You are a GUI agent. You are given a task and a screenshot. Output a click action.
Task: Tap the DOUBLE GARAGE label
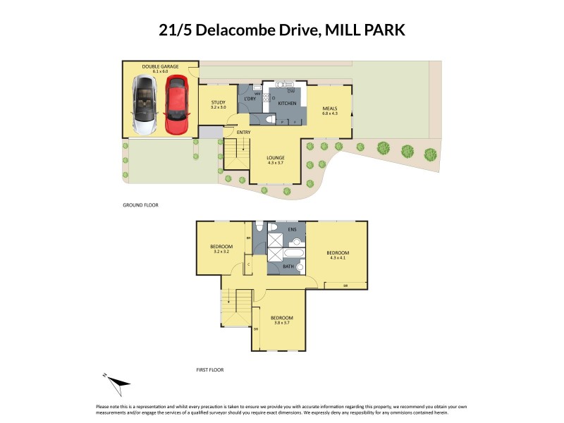[x=160, y=66]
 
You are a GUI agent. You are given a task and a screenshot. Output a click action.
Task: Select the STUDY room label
[x=218, y=103]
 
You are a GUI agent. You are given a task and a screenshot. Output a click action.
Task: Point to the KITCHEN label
[x=286, y=103]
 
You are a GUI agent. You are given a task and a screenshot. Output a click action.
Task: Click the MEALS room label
[x=330, y=109]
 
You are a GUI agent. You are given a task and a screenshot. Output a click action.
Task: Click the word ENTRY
[x=244, y=132]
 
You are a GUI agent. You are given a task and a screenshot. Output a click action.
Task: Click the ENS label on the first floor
[x=291, y=230]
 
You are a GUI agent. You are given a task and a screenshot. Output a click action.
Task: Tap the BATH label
[x=288, y=266]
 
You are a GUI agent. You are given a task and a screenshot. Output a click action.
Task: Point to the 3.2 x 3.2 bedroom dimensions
[x=222, y=251]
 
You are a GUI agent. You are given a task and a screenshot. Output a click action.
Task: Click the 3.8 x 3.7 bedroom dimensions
[x=282, y=322]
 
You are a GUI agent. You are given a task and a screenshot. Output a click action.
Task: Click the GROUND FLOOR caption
[x=140, y=205]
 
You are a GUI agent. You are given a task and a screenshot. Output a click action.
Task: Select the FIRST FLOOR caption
[x=211, y=369]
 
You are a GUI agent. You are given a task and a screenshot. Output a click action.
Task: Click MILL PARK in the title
[x=365, y=30]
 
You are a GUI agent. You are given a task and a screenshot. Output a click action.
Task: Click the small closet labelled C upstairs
[x=248, y=264]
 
